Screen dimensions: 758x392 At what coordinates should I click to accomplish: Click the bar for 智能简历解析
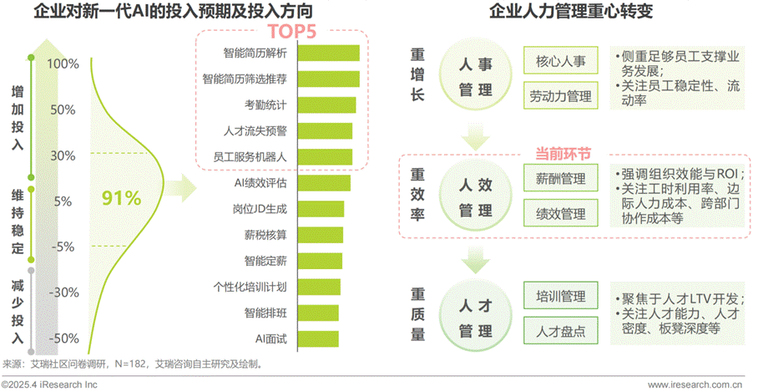328,53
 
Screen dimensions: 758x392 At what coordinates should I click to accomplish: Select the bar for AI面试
318,339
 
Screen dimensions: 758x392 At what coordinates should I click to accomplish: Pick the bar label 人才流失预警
255,131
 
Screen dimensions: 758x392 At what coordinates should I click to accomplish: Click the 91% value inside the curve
122,198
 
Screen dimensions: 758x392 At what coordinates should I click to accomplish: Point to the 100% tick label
63,64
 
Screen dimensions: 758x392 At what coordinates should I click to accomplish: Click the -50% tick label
64,339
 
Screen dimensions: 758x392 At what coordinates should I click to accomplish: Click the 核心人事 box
561,61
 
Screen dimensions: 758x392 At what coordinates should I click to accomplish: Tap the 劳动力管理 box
561,96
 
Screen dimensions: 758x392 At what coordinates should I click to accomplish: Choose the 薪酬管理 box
561,178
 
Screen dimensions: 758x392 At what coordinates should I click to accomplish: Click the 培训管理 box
561,296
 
